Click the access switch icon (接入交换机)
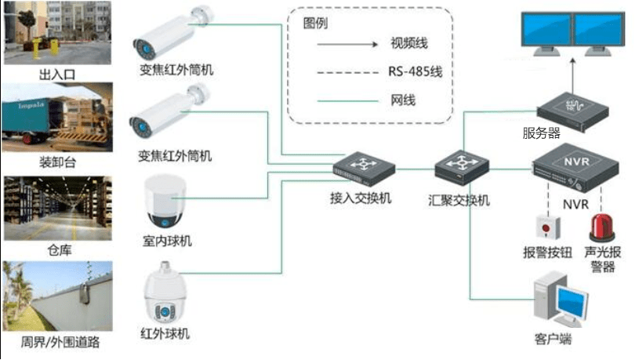click(x=364, y=169)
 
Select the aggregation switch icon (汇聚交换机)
click(x=462, y=168)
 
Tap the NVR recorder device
click(x=575, y=168)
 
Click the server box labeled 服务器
click(x=572, y=112)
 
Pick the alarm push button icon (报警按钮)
click(x=548, y=228)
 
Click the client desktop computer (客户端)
click(x=561, y=300)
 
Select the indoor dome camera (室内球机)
click(x=165, y=202)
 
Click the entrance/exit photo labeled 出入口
click(x=57, y=32)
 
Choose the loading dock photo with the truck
click(x=57, y=118)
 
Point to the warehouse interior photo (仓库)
click(x=58, y=208)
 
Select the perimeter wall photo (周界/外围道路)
click(x=57, y=296)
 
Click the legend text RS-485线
click(x=415, y=72)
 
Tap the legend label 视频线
click(x=409, y=43)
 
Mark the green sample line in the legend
click(x=347, y=101)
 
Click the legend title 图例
click(x=315, y=23)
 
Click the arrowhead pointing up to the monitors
click(x=572, y=60)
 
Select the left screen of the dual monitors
click(x=546, y=28)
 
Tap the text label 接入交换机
click(x=361, y=198)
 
